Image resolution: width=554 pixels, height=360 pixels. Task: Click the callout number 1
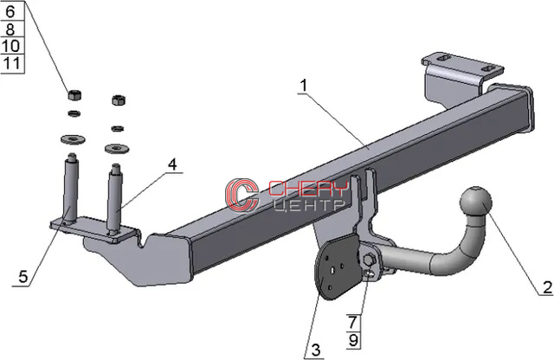(x=304, y=86)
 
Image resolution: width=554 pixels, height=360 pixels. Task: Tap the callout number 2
(x=547, y=286)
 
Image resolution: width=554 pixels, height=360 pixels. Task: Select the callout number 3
(x=315, y=350)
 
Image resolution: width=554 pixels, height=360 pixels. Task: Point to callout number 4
(x=172, y=164)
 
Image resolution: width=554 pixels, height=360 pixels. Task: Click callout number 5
(x=23, y=276)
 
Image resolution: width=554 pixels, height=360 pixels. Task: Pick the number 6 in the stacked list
(x=10, y=11)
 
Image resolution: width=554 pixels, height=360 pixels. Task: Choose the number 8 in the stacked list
(x=10, y=29)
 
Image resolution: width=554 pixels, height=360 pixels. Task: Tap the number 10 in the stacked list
(x=10, y=46)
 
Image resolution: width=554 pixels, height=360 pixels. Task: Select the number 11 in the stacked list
(x=11, y=63)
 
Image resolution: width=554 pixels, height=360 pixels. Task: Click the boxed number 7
(x=353, y=322)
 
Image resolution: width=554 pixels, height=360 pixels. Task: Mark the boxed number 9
(x=353, y=340)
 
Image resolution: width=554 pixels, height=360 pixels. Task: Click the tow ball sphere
(x=476, y=202)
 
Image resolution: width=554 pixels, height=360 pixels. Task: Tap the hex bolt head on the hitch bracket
(x=369, y=260)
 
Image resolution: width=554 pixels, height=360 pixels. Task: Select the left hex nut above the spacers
(x=74, y=94)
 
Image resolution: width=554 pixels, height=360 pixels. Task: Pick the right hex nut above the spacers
(x=119, y=100)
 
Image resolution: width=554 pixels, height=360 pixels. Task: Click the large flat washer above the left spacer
(x=73, y=139)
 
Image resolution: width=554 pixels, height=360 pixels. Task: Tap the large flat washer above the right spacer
(x=117, y=148)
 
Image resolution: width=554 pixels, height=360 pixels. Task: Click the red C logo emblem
(x=242, y=196)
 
